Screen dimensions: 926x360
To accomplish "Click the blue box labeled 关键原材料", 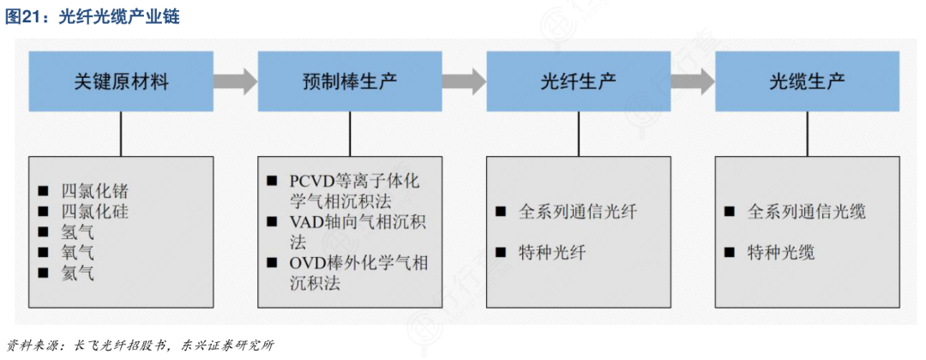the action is click(121, 81).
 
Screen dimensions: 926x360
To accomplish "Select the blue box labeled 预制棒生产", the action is click(350, 81).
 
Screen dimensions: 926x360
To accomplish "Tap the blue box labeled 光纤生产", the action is click(579, 81).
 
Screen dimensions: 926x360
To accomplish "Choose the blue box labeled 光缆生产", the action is click(808, 81).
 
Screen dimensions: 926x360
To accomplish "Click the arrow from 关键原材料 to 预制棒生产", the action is click(236, 81).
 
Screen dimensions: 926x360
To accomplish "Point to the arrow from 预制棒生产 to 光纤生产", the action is click(465, 81).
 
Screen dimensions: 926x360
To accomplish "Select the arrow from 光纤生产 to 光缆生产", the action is click(694, 81).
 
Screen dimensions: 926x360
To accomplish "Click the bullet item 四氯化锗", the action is click(95, 191).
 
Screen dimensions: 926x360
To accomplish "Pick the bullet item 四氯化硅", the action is click(95, 211).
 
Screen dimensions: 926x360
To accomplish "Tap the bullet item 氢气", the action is click(78, 232).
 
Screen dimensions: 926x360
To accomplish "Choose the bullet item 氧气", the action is click(78, 253).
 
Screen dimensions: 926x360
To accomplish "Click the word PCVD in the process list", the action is click(311, 181).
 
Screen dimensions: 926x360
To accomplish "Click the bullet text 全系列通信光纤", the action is click(579, 212).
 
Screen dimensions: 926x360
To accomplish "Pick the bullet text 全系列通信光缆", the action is click(808, 212).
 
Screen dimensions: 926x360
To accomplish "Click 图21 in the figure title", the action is click(22, 17).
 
